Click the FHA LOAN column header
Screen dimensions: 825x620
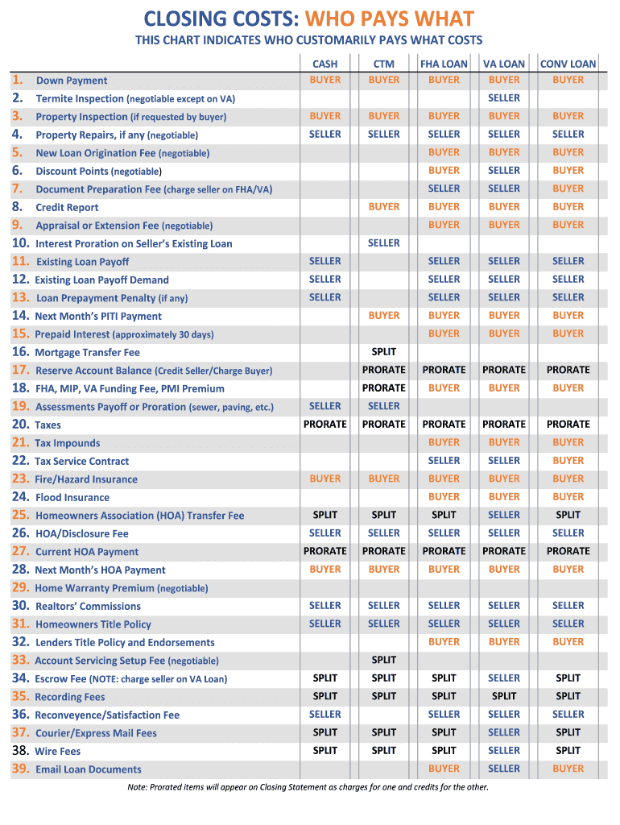tap(444, 64)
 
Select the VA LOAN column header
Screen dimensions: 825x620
tap(504, 64)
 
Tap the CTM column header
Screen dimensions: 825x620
tap(384, 64)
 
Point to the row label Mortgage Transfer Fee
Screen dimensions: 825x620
tap(87, 352)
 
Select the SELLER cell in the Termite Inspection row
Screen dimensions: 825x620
tap(504, 98)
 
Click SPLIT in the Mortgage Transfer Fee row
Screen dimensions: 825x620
tap(384, 352)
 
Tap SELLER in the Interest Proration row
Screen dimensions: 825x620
tap(384, 243)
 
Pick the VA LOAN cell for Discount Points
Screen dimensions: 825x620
tap(504, 171)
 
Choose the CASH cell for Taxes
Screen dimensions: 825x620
tap(325, 425)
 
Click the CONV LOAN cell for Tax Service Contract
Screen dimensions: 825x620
tap(568, 461)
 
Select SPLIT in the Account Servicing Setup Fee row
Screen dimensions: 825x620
tap(384, 660)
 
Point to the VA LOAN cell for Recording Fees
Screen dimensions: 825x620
tap(504, 696)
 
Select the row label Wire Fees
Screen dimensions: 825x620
tap(58, 751)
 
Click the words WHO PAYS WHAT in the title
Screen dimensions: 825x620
tap(399, 18)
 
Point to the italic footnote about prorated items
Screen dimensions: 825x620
tap(308, 787)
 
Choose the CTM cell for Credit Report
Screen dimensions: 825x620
tap(384, 207)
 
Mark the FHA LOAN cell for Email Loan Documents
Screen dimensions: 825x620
tap(444, 769)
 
